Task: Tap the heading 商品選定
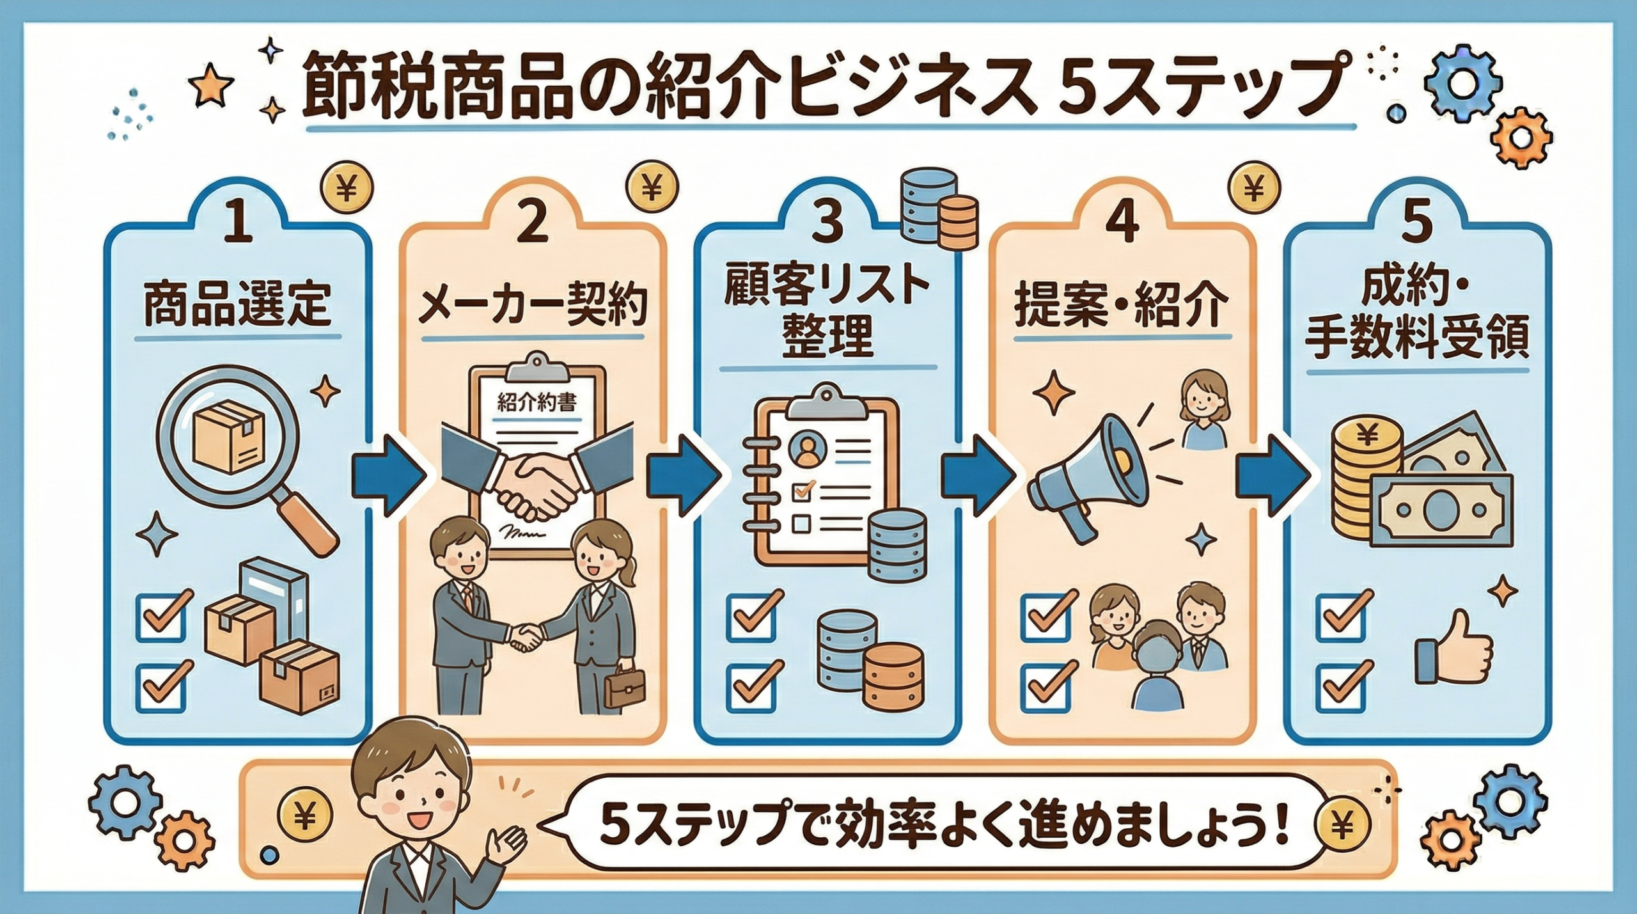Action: [x=237, y=305]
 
